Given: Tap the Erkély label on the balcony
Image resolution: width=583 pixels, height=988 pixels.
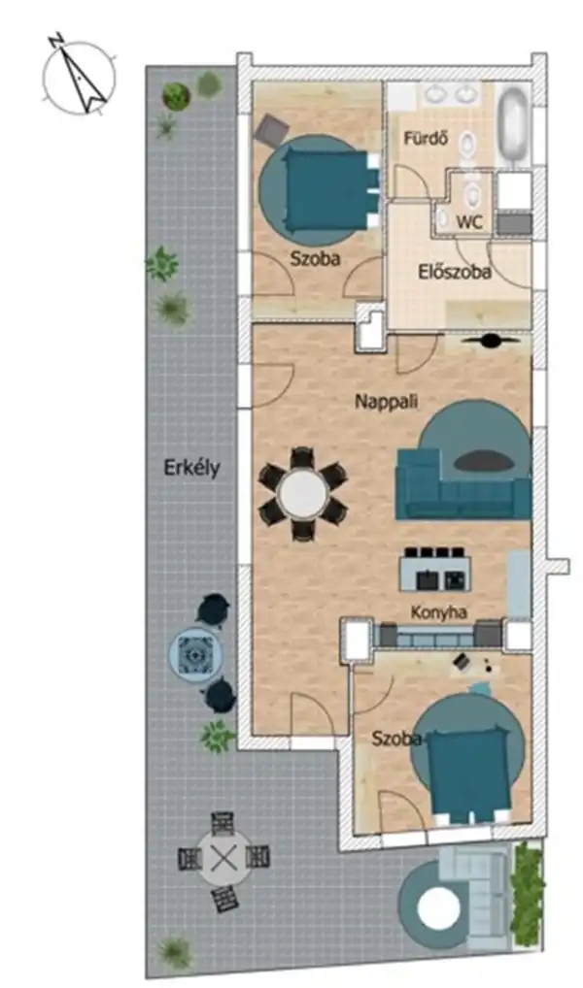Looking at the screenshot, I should (x=191, y=468).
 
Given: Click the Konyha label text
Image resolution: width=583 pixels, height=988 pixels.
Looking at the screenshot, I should (x=439, y=612).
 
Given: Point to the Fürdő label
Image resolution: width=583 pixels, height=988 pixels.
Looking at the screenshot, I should (x=426, y=138).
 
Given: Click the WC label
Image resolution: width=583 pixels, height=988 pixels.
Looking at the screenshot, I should (x=470, y=222).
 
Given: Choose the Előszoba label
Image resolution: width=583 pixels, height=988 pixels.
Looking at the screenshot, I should (x=455, y=273).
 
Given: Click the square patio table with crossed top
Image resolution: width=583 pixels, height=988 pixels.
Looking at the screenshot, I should (x=224, y=859).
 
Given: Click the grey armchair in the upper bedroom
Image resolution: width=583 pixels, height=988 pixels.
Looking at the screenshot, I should (x=272, y=129).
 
